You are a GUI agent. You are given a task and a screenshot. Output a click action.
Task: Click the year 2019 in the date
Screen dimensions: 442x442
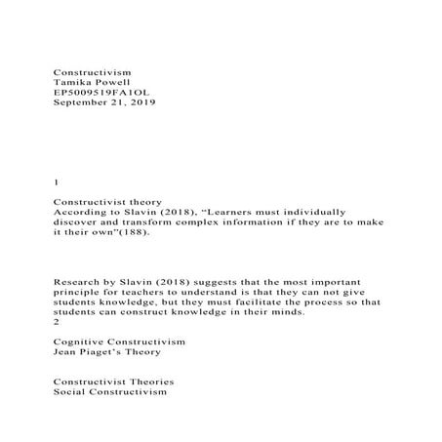coord(140,102)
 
